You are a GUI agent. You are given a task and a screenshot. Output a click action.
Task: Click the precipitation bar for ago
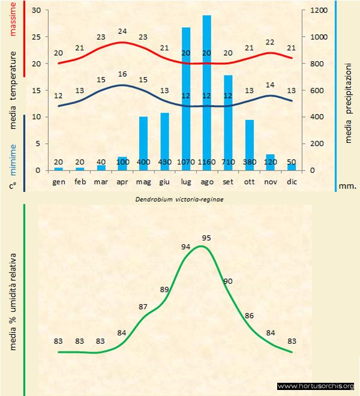pyautogui.click(x=206, y=90)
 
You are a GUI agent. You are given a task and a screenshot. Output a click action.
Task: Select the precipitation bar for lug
pyautogui.click(x=185, y=96)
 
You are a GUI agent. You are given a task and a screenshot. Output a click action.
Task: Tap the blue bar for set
pyautogui.click(x=228, y=120)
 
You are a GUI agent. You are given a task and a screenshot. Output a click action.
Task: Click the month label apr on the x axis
pyautogui.click(x=122, y=181)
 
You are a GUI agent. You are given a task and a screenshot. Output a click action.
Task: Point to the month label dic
pyautogui.click(x=292, y=181)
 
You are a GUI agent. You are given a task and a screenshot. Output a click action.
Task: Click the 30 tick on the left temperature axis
pyautogui.click(x=35, y=10)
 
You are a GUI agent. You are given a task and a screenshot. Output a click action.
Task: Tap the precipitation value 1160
pyautogui.click(x=206, y=163)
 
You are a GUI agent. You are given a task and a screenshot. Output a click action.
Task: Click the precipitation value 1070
pyautogui.click(x=185, y=163)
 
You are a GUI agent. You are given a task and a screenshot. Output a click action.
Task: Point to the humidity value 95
pyautogui.click(x=206, y=238)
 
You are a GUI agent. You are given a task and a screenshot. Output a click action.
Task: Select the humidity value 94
pyautogui.click(x=186, y=246)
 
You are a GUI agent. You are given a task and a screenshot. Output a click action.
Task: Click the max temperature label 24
pyautogui.click(x=122, y=31)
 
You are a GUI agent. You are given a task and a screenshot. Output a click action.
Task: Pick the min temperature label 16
pyautogui.click(x=122, y=74)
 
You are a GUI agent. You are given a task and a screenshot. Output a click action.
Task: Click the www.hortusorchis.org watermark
pyautogui.click(x=316, y=386)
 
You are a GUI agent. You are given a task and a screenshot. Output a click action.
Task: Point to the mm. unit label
pyautogui.click(x=347, y=186)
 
